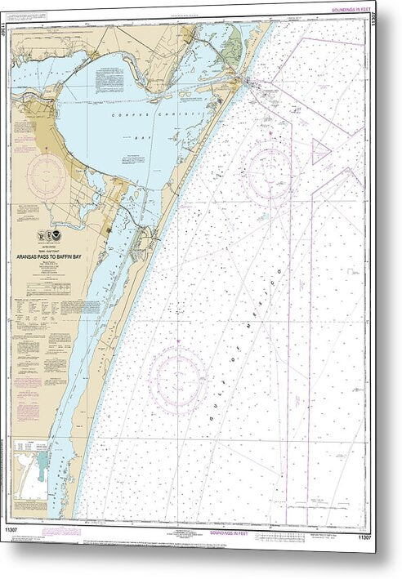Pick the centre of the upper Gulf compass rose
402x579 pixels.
[268, 171]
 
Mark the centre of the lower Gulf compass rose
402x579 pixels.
[178, 378]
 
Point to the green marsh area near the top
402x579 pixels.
[233, 41]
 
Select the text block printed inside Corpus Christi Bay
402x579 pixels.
[114, 78]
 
